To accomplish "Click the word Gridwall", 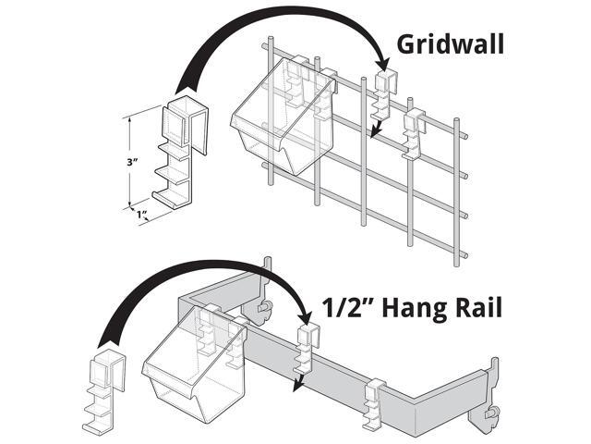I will (x=452, y=43).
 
